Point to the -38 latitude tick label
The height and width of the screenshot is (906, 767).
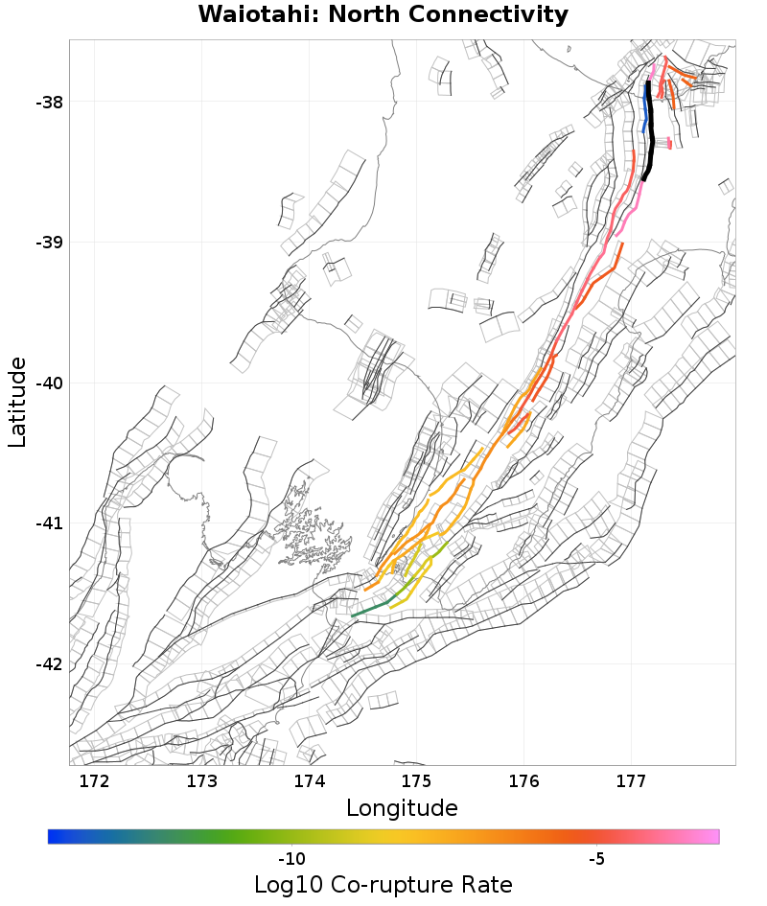(44, 103)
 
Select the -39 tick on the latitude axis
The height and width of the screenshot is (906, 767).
(44, 243)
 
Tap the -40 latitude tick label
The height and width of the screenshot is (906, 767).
(44, 383)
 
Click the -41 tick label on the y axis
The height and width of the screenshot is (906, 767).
(44, 523)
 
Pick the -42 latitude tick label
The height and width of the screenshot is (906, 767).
(44, 664)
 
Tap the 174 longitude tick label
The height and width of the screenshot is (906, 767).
(310, 781)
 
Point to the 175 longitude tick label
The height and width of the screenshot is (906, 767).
(417, 781)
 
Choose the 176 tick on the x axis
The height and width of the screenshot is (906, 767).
(524, 781)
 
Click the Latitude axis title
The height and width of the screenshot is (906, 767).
(17, 402)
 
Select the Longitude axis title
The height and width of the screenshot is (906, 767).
(402, 808)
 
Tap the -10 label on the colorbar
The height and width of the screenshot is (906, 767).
(291, 858)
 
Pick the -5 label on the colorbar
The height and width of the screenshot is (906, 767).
(596, 858)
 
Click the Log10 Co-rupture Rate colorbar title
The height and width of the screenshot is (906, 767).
(383, 884)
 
